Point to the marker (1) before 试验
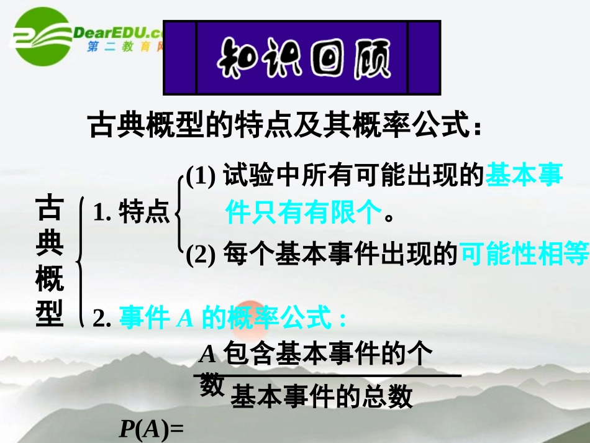point(201,177)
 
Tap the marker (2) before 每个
point(201,254)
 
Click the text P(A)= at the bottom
point(152,430)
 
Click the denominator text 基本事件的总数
point(321,396)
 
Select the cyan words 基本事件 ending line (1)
point(524,176)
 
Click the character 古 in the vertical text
point(50,208)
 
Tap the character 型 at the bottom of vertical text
point(50,314)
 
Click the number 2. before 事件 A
point(101,319)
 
